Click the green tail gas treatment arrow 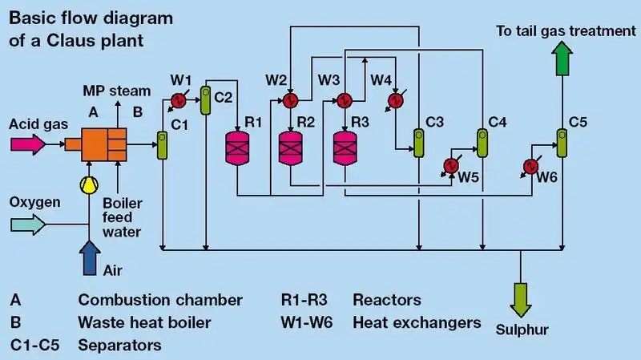tap(562, 58)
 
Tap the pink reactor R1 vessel tap(238, 148)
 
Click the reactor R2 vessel tap(290, 148)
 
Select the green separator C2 tap(206, 100)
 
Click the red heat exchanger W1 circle tap(179, 100)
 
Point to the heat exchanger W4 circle tap(394, 100)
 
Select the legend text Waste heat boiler tap(144, 323)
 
